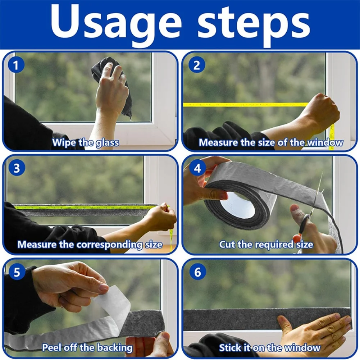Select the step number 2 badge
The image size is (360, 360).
tap(197, 65)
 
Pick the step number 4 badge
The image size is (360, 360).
tap(197, 169)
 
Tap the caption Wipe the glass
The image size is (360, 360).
tap(85, 142)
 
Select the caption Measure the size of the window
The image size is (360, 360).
tap(271, 142)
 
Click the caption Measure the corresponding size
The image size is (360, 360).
tap(90, 245)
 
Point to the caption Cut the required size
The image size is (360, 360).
tap(266, 245)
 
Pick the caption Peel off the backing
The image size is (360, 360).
tap(87, 348)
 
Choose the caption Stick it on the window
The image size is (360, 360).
tap(270, 348)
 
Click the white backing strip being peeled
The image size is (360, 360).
tap(115, 306)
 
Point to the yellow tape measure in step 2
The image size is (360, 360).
tap(245, 105)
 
